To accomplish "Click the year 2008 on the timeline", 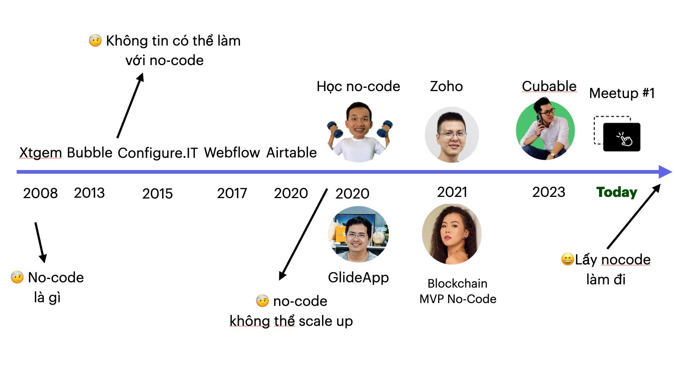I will (40, 193).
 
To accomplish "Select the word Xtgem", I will (40, 153).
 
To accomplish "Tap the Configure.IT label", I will (157, 153).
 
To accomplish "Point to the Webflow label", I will (232, 153).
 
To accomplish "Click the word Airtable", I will (291, 153).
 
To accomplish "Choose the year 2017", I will (232, 193).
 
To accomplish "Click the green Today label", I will (617, 192).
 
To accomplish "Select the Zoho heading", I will (446, 86).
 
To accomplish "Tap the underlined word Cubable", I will (549, 86).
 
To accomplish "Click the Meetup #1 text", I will (622, 93).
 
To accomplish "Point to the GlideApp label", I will (358, 277).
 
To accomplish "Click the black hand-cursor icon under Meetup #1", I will (622, 137).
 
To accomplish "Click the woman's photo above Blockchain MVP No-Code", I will (452, 234).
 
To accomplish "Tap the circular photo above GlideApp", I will (358, 234).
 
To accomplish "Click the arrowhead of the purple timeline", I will (665, 172).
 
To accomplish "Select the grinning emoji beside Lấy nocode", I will (567, 259).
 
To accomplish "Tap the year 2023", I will (549, 192).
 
